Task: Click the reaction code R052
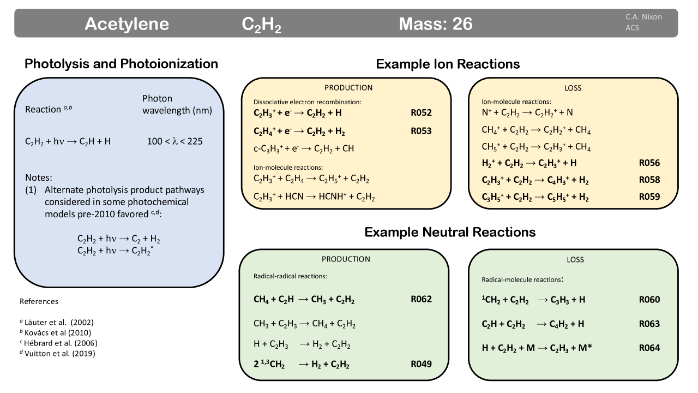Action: click(x=421, y=113)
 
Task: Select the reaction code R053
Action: click(x=421, y=131)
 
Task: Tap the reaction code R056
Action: click(x=649, y=163)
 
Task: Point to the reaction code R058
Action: click(x=649, y=180)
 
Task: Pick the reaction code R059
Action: click(x=649, y=197)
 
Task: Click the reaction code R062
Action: click(x=421, y=299)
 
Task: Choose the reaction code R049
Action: click(x=421, y=364)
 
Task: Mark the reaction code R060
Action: click(x=649, y=299)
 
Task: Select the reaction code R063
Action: click(x=649, y=324)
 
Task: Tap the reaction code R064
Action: click(x=649, y=348)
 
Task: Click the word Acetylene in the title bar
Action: click(x=127, y=24)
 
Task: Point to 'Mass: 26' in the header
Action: click(x=436, y=24)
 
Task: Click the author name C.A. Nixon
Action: click(x=643, y=17)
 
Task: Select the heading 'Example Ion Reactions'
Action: click(x=448, y=64)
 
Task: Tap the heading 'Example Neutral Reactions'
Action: click(x=450, y=232)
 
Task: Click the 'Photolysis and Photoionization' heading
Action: click(x=121, y=64)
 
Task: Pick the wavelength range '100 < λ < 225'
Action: click(x=175, y=141)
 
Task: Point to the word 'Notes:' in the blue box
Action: click(x=39, y=178)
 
